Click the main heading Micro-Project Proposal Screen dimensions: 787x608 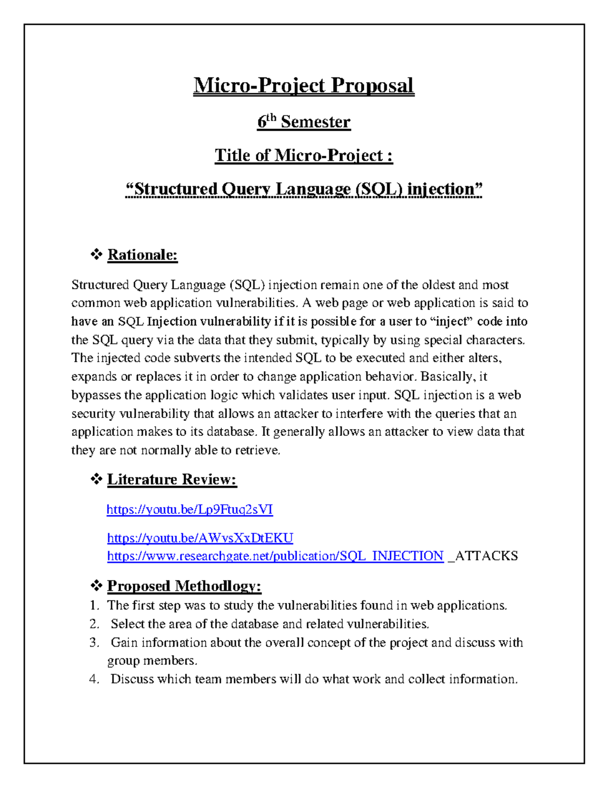click(303, 85)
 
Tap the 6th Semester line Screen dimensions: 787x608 click(303, 122)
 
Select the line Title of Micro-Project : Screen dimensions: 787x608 click(303, 155)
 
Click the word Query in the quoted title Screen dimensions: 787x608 click(246, 189)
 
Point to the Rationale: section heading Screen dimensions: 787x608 click(142, 254)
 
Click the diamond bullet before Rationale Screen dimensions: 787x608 click(96, 254)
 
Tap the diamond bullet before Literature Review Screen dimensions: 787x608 click(96, 479)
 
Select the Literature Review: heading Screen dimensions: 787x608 click(172, 479)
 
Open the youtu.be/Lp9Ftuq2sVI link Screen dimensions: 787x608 click(189, 509)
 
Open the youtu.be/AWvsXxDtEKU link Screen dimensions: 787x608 click(200, 538)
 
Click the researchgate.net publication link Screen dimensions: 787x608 click(275, 556)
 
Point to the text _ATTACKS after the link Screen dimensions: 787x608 click(483, 556)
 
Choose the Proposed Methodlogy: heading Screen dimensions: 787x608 click(184, 586)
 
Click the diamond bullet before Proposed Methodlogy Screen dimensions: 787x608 click(96, 586)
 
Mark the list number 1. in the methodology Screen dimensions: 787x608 click(94, 606)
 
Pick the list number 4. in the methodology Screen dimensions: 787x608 click(94, 679)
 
